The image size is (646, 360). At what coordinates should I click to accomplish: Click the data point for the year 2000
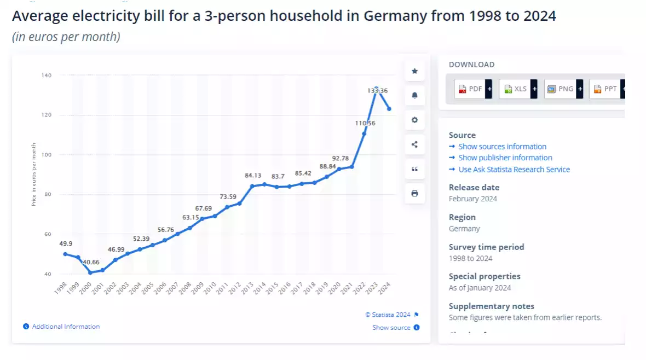[x=90, y=272]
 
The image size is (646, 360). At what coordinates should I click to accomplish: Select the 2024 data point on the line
[x=389, y=109]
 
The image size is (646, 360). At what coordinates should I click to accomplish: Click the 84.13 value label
[x=253, y=176]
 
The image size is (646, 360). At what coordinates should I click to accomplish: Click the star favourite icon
[x=414, y=71]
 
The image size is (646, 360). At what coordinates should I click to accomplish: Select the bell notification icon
[x=414, y=96]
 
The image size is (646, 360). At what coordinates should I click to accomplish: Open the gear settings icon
[x=414, y=120]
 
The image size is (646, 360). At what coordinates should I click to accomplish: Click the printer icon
[x=414, y=194]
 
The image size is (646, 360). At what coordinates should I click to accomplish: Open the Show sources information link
[x=502, y=147]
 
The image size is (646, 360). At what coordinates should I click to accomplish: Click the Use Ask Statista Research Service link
[x=514, y=170]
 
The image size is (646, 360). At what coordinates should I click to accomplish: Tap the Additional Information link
[x=65, y=327]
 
